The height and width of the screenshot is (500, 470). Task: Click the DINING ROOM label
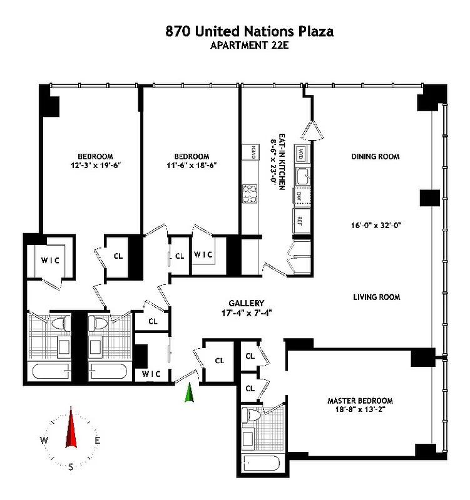(375, 156)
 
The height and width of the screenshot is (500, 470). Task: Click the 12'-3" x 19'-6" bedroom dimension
(95, 166)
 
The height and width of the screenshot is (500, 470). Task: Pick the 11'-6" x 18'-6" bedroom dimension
(191, 166)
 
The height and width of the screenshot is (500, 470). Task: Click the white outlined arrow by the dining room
(311, 131)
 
